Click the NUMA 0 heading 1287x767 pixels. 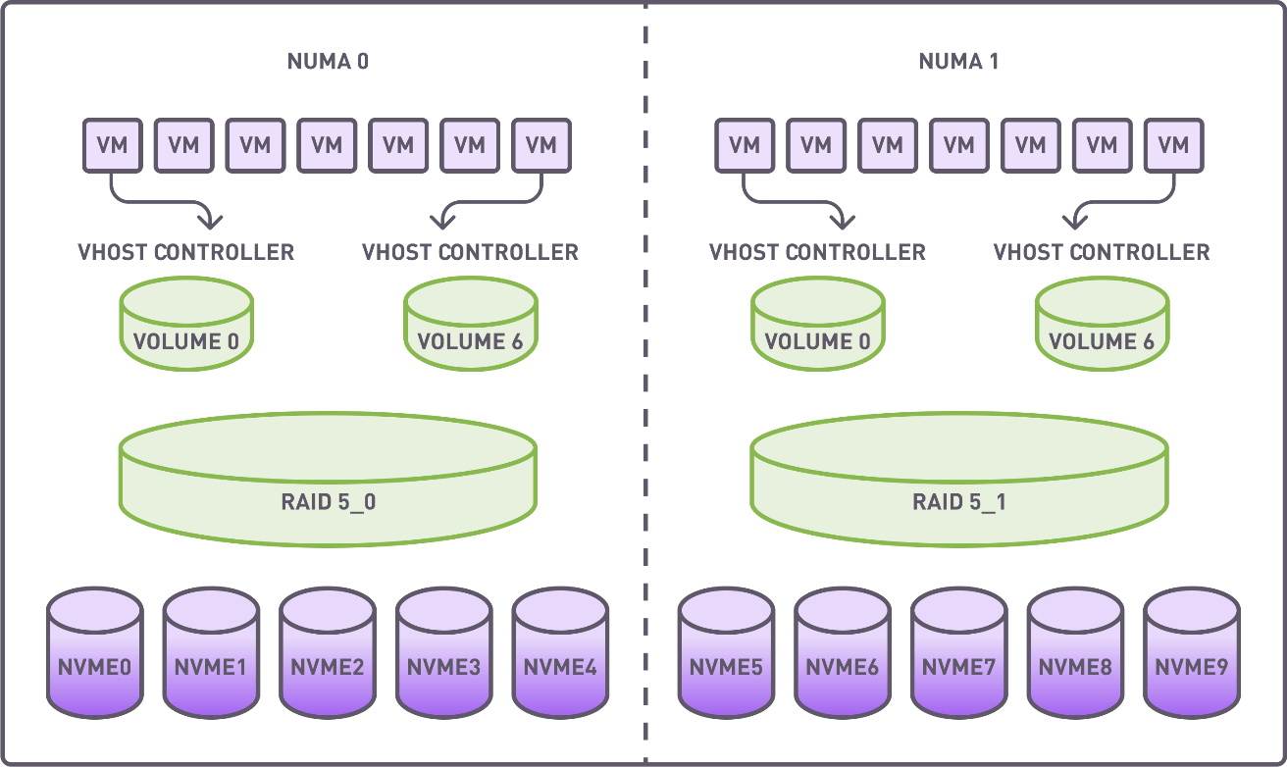pos(328,62)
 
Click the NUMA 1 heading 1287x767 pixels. pos(958,62)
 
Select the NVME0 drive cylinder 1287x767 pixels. pos(95,652)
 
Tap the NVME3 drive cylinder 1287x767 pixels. pos(444,652)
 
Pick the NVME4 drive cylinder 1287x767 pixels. pos(560,652)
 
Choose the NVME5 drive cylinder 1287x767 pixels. pos(727,652)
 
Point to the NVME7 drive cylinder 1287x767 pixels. pos(958,652)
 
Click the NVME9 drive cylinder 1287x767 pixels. pos(1191,652)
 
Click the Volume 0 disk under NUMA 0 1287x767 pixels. pos(185,323)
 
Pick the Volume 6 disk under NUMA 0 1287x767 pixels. pos(471,323)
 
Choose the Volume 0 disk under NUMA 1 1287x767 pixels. pos(817,323)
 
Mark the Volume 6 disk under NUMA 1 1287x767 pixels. pos(1102,323)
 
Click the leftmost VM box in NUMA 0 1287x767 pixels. pos(112,145)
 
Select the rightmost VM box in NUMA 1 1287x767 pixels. pos(1173,145)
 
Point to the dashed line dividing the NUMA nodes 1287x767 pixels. pos(645,392)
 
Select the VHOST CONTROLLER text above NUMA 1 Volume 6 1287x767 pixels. pos(1102,252)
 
